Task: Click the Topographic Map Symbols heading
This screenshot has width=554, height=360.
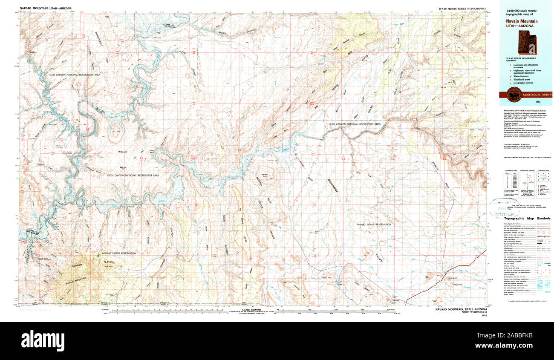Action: [x=525, y=218]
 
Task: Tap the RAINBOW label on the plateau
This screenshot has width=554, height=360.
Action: [x=78, y=265]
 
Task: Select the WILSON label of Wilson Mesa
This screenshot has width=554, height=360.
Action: [x=124, y=152]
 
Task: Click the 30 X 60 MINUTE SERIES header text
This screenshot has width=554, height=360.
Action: [x=462, y=8]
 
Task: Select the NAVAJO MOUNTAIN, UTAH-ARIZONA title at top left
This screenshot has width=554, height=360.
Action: [x=45, y=8]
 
